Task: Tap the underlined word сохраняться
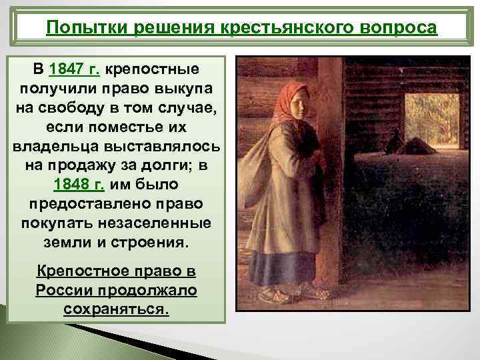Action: point(117,309)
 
